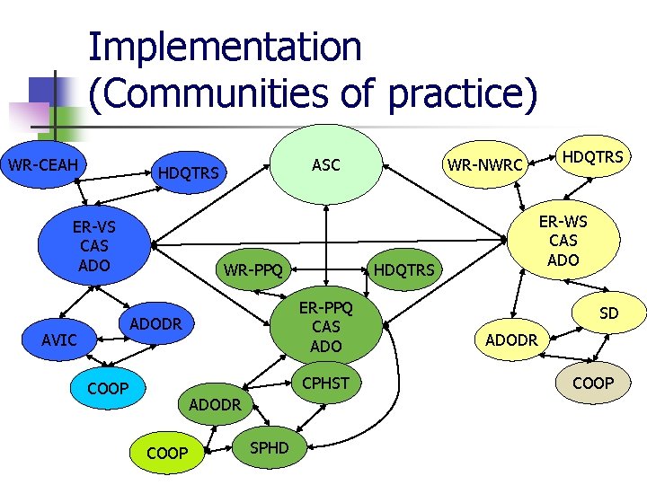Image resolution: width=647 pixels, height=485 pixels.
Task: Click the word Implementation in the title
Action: pos(225,47)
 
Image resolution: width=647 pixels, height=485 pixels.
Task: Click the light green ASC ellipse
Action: pos(325,164)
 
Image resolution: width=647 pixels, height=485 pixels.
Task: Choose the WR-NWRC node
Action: pos(485,166)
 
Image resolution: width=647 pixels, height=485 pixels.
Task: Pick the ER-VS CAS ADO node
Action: pos(94,244)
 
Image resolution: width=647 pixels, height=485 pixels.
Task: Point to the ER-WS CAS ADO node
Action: pos(563,241)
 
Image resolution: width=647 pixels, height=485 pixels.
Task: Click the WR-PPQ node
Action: pos(253,269)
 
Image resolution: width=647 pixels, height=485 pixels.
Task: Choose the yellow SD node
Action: pos(609,313)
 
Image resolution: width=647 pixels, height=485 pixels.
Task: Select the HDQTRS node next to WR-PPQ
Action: pos(403,269)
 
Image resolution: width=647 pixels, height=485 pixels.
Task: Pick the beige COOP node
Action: pos(593,383)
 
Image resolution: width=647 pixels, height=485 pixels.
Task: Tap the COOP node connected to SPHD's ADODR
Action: pos(167,453)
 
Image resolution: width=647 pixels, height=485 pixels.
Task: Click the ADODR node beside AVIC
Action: pos(156,323)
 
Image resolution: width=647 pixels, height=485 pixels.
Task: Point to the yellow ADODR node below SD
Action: pos(511,340)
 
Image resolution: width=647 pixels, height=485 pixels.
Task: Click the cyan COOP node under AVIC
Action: pos(108,389)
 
